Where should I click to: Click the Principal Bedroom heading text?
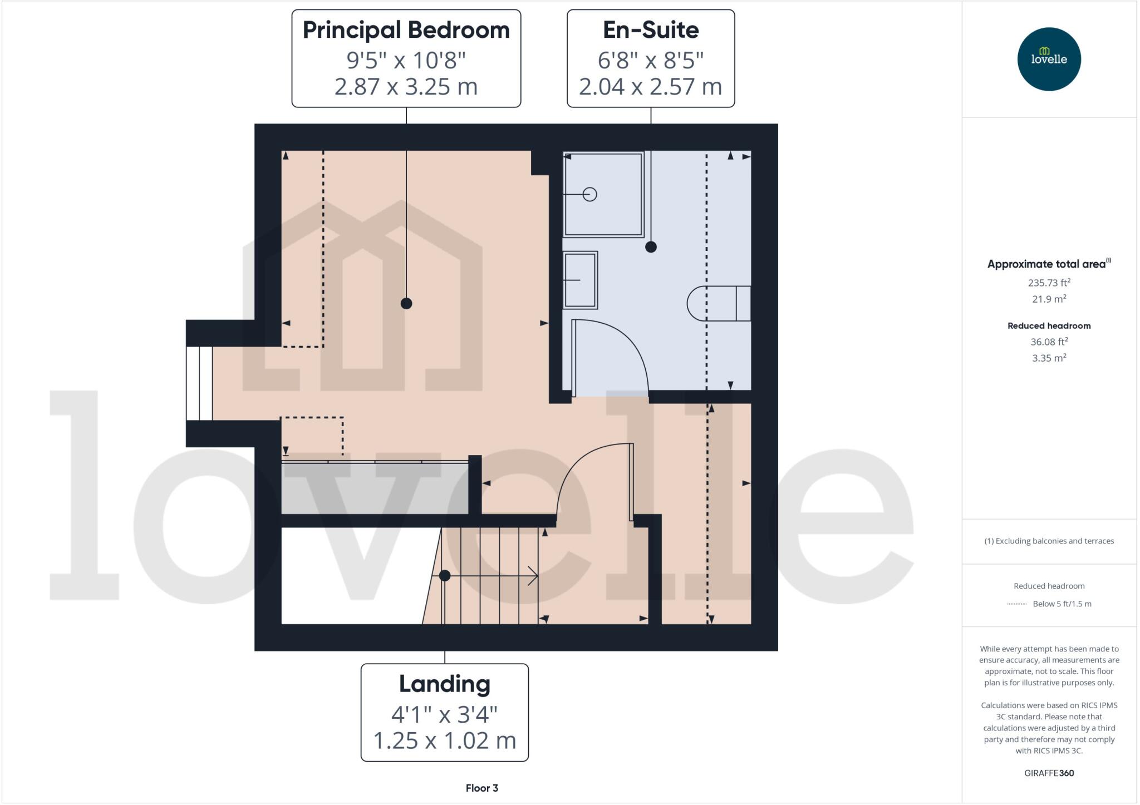(x=406, y=30)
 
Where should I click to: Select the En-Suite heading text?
(x=651, y=30)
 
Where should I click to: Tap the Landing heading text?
(x=444, y=684)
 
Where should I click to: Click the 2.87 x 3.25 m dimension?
(x=406, y=87)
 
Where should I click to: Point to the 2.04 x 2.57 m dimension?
(x=650, y=87)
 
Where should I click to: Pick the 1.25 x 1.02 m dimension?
(x=444, y=740)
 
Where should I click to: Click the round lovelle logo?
(x=1049, y=59)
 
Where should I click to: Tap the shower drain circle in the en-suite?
(x=590, y=194)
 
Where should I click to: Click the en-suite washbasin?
(x=580, y=280)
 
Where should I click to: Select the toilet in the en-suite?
(x=718, y=303)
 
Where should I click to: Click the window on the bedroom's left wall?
(x=199, y=383)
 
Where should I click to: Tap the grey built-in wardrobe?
(x=375, y=488)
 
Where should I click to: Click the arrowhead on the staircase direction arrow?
(x=533, y=576)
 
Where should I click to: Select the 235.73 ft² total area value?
(x=1049, y=283)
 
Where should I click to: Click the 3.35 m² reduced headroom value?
(x=1049, y=358)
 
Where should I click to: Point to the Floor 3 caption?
(x=481, y=788)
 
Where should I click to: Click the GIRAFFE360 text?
(x=1049, y=773)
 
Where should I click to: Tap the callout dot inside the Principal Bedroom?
(x=406, y=303)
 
